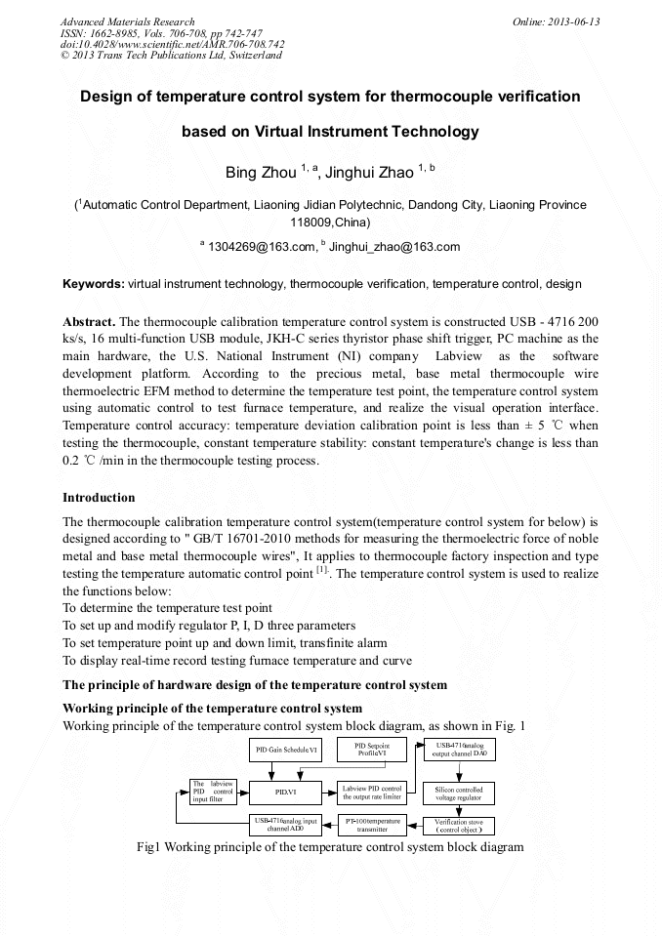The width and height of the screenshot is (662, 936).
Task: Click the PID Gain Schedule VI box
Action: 286,751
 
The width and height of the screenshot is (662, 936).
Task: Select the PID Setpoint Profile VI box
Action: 371,751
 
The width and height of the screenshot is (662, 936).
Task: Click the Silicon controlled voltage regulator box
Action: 458,792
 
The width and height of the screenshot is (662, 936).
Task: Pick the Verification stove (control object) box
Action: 458,825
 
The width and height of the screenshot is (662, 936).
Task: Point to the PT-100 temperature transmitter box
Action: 371,825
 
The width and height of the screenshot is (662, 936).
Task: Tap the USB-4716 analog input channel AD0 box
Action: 286,825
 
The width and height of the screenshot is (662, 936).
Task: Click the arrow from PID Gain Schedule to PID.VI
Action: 286,769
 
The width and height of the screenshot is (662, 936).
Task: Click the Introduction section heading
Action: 99,498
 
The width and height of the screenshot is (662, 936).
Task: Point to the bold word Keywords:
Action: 93,284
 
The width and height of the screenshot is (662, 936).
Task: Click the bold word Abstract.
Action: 89,321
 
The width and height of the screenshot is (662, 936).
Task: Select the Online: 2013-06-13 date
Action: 556,21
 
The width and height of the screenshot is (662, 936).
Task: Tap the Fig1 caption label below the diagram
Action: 149,846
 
